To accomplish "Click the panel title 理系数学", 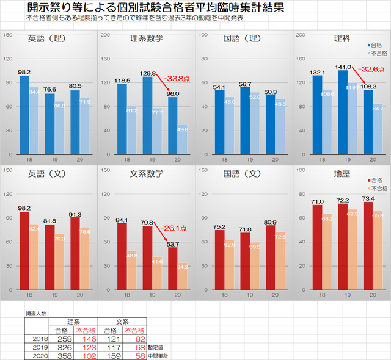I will click(147, 38).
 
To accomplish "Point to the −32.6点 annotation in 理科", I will click(372, 69).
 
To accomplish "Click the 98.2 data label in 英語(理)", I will click(24, 72).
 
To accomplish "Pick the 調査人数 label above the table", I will click(35, 312).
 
